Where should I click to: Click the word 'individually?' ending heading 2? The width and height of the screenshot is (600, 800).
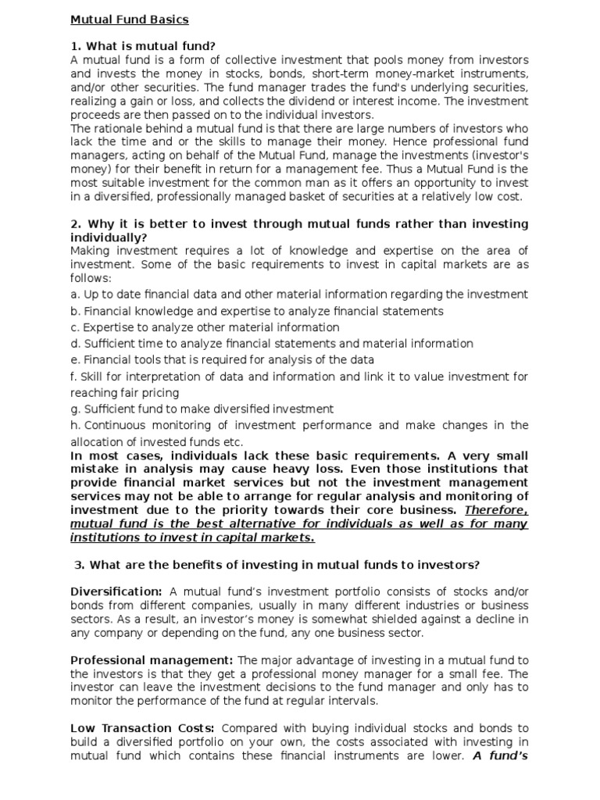pos(109,237)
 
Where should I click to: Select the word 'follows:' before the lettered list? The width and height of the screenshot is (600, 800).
pos(91,277)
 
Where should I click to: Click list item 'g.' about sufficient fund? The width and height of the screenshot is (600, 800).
pos(202,409)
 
